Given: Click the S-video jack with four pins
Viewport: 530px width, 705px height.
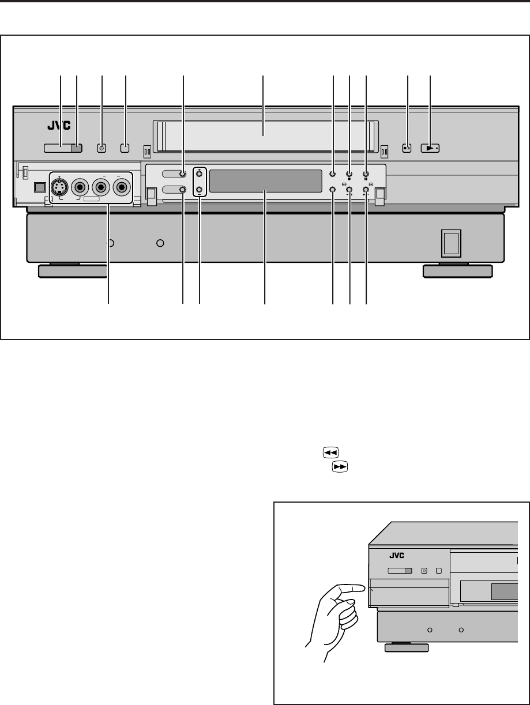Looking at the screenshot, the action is (x=60, y=187).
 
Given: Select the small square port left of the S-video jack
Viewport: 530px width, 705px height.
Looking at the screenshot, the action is (x=40, y=187).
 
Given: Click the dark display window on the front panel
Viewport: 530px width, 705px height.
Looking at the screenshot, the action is (x=265, y=182).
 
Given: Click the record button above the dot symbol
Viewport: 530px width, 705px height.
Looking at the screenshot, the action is (x=349, y=174).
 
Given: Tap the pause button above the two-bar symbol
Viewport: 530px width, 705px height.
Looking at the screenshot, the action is (x=366, y=174).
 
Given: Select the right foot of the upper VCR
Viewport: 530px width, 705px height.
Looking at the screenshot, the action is (x=457, y=271).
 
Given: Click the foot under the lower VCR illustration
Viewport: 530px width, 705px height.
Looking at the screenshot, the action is (x=407, y=648).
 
